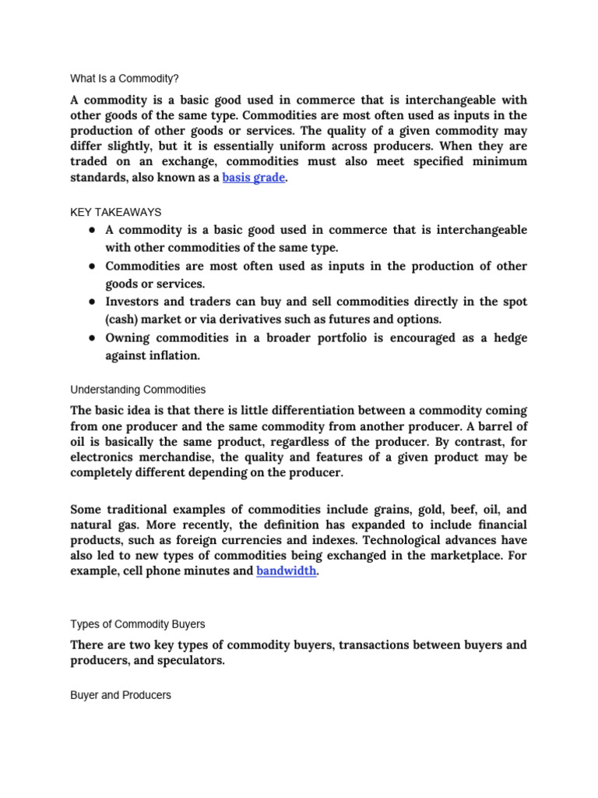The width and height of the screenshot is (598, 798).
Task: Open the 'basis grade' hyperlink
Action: coord(253,178)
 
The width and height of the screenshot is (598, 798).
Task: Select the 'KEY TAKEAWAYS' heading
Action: coord(115,212)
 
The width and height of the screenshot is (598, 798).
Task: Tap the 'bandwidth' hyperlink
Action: coord(286,570)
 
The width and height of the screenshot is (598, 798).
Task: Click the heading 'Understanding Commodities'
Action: coord(138,390)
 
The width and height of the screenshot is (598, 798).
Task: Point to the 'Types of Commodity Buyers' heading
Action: coord(139,624)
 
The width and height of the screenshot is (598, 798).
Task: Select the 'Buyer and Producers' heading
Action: coord(121,694)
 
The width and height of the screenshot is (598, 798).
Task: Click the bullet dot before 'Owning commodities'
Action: coord(92,337)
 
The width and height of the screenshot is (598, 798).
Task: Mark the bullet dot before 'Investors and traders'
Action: coord(92,302)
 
